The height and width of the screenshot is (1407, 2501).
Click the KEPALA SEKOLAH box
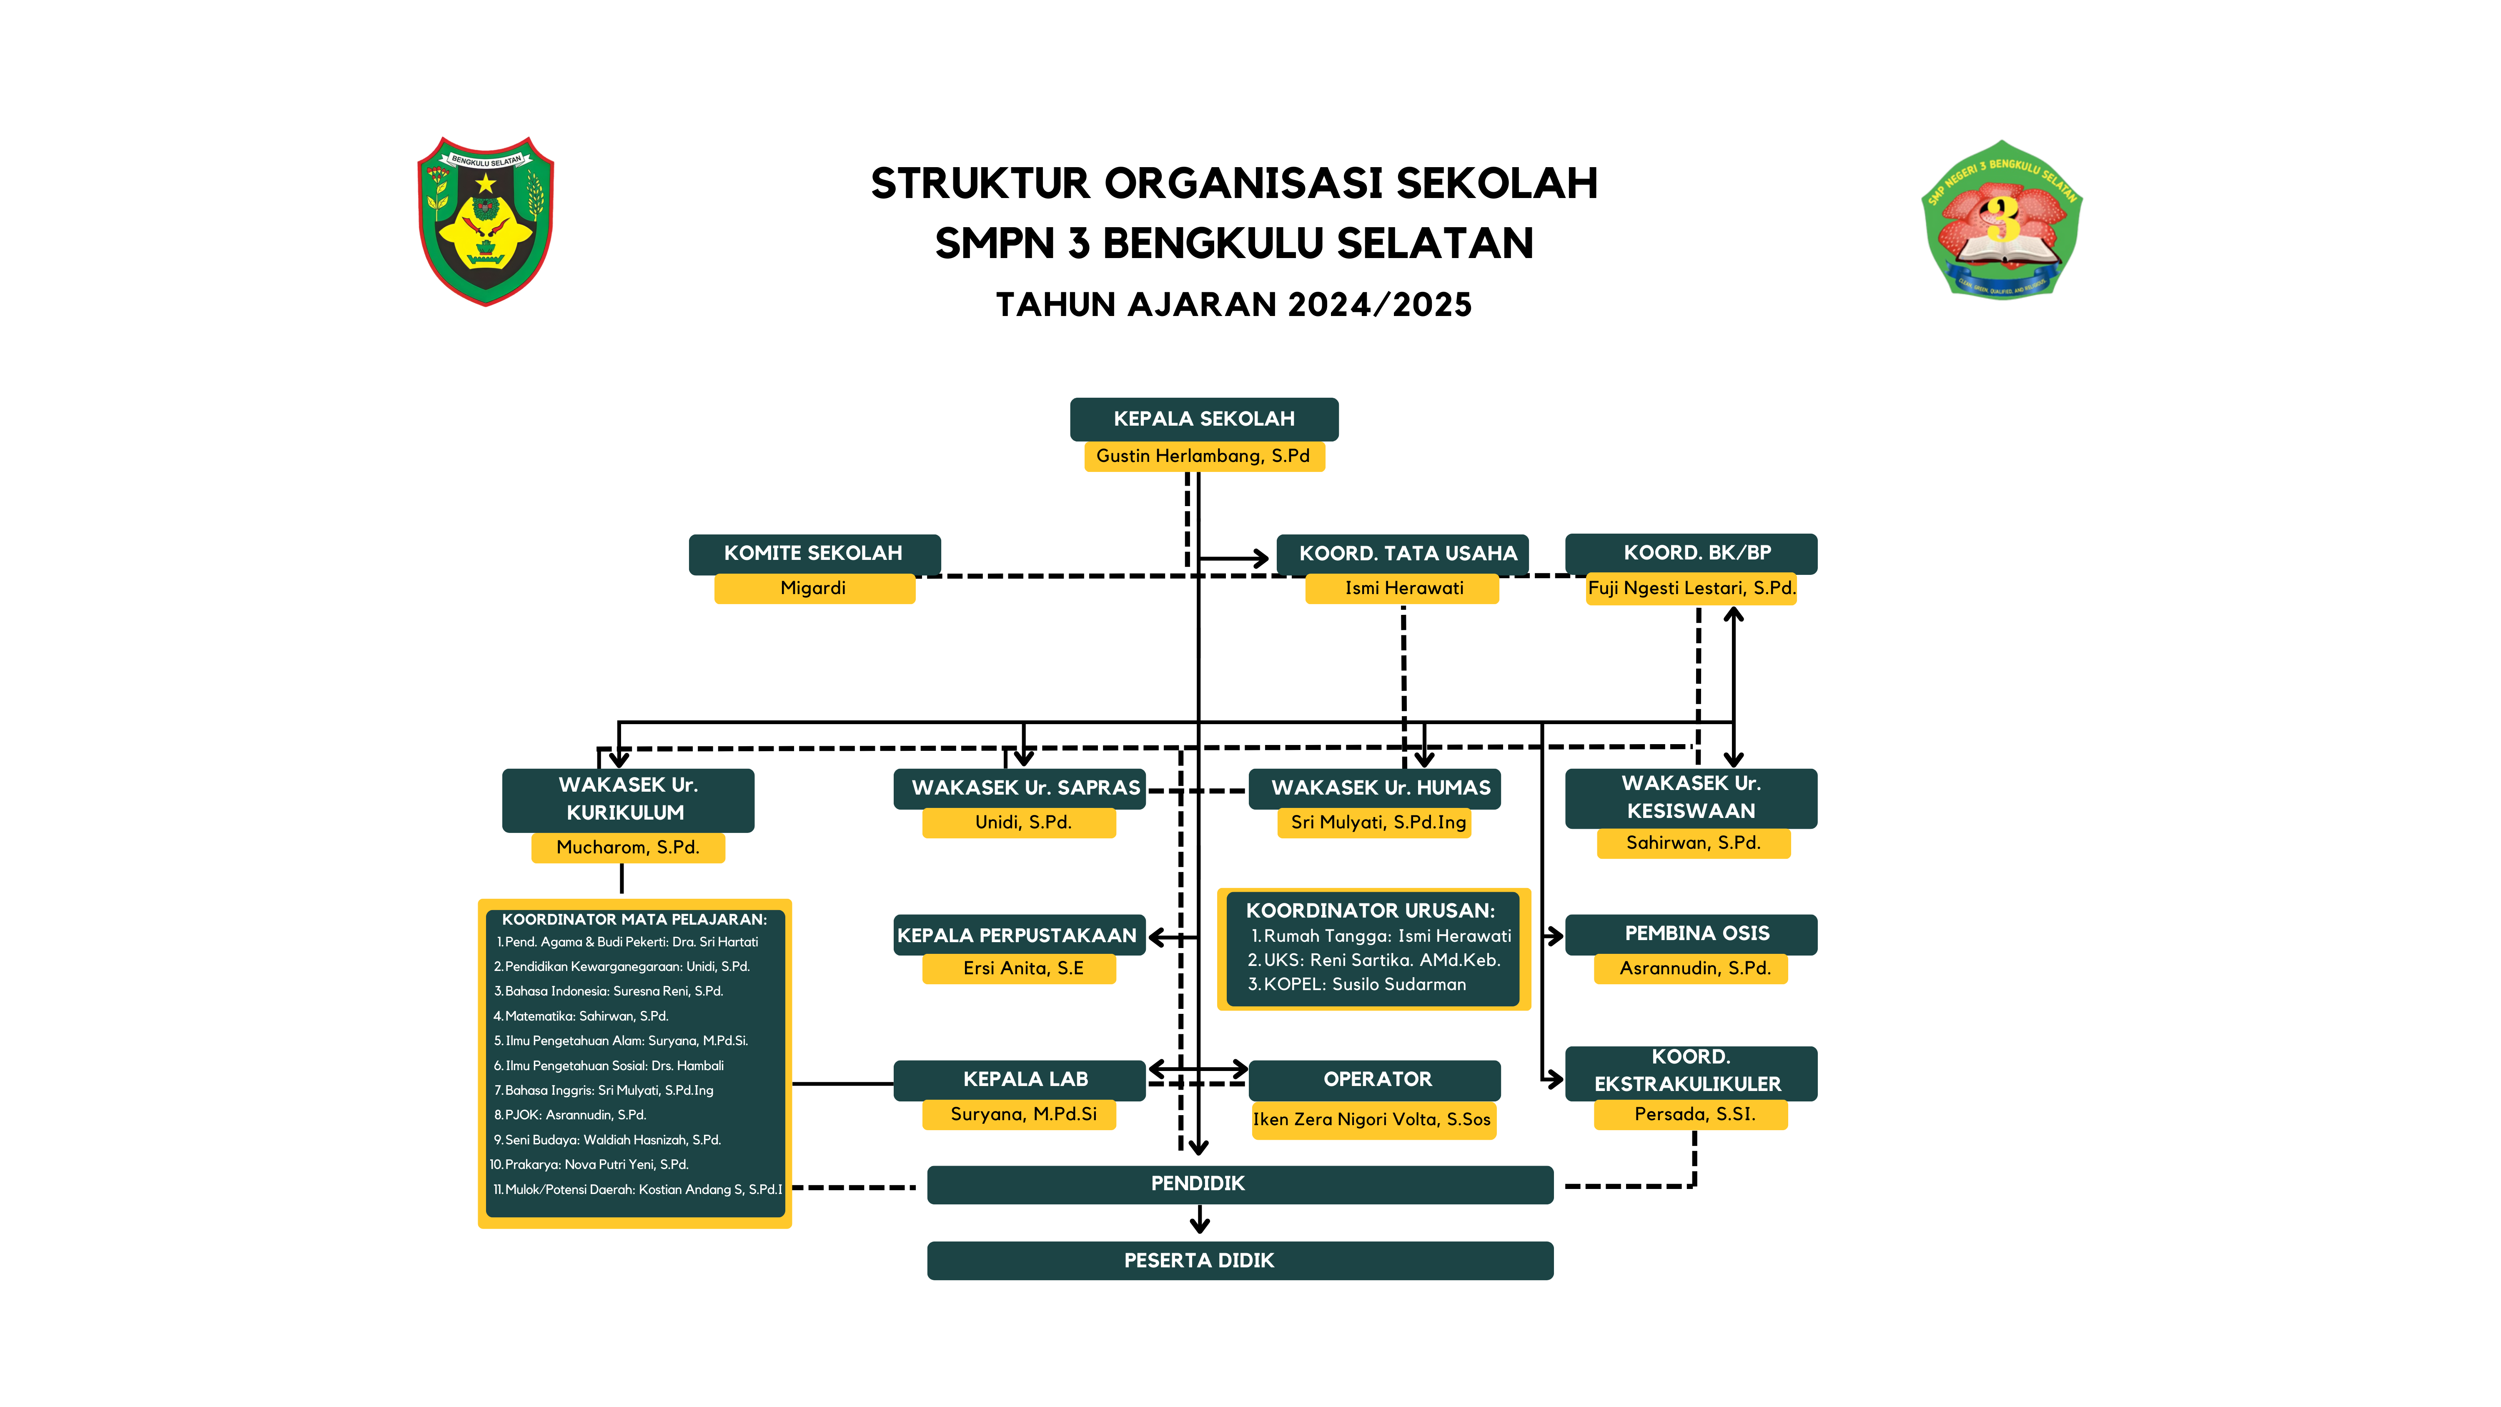(1204, 419)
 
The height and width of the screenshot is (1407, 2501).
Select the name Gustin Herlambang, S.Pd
(1204, 455)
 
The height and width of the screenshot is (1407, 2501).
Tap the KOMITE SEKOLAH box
(814, 554)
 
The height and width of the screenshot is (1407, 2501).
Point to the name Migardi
(814, 588)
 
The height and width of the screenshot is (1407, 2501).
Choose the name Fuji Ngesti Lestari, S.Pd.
(1691, 588)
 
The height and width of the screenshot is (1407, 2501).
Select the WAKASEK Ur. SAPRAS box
(1020, 788)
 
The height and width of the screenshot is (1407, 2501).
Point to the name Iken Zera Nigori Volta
(1372, 1120)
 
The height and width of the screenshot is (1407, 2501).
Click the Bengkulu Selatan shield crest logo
(486, 221)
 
